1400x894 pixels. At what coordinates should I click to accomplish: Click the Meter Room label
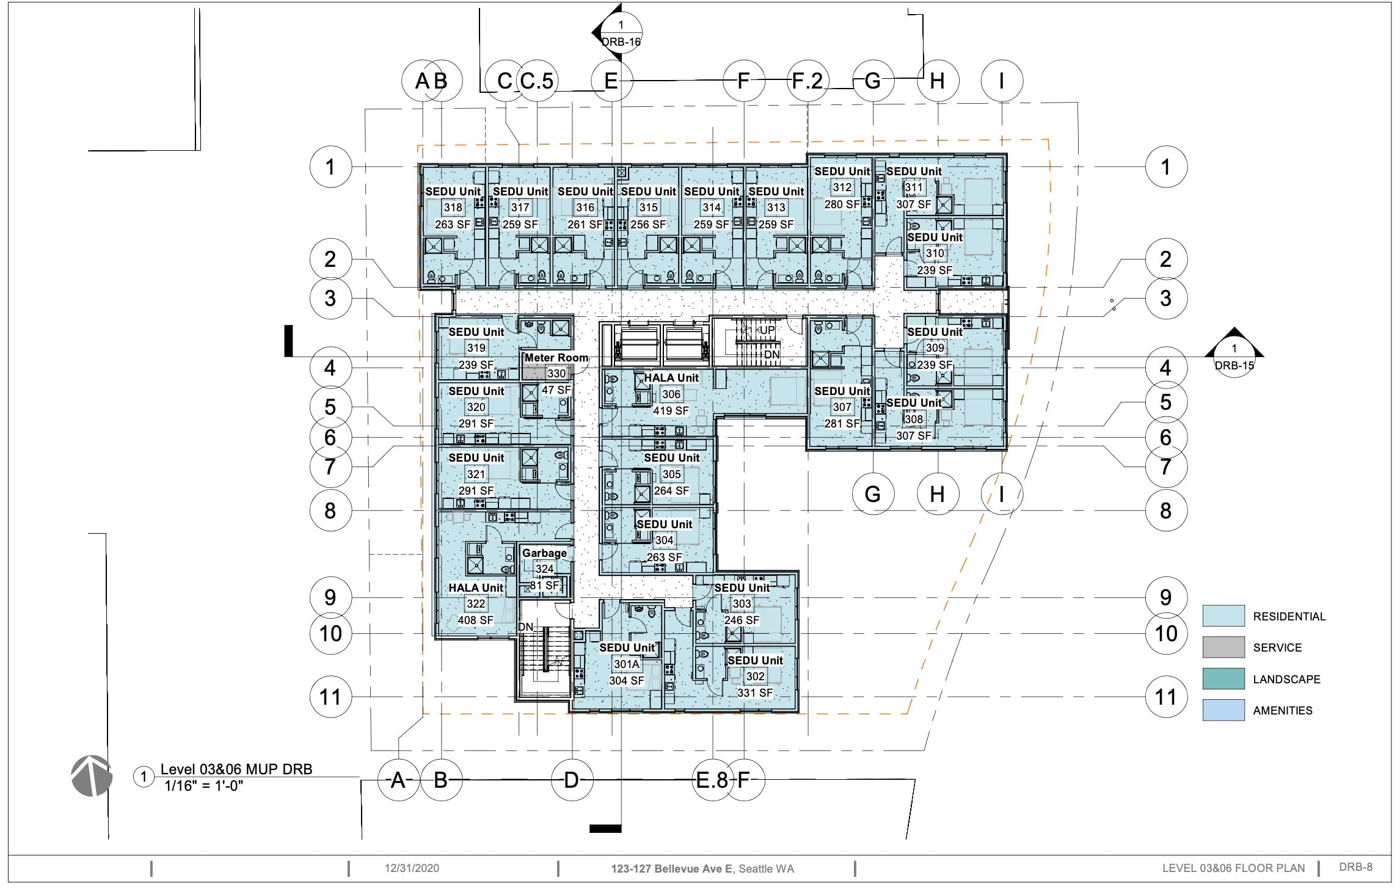(556, 358)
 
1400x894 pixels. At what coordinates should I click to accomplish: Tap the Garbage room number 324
(544, 569)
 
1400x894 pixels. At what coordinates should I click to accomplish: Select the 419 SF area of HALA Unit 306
(671, 411)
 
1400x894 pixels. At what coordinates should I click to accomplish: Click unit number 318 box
(453, 208)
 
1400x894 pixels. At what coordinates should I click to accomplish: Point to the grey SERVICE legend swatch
(1223, 647)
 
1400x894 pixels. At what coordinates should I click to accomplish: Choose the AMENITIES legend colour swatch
(1223, 710)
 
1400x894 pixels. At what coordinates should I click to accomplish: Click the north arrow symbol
(92, 776)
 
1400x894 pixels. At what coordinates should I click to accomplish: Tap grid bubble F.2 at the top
(808, 81)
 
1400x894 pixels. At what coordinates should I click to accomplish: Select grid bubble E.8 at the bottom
(713, 780)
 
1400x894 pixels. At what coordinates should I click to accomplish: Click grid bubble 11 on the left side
(330, 697)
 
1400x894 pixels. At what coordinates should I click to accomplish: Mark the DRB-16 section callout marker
(617, 32)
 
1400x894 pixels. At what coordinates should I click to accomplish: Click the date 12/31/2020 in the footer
(412, 868)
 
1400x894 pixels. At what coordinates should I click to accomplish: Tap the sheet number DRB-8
(1355, 867)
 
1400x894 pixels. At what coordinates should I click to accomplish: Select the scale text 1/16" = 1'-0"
(204, 786)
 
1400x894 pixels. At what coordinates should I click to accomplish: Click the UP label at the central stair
(767, 330)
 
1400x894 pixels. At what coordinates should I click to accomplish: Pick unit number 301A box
(627, 664)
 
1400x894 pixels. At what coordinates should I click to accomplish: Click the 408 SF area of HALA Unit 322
(476, 620)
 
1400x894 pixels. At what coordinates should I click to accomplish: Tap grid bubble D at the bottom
(572, 780)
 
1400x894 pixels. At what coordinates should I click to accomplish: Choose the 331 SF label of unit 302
(755, 693)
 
